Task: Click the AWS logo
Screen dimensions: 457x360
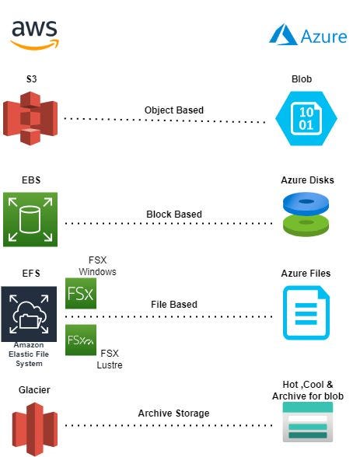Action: [x=33, y=34]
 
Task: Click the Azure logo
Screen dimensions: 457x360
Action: [x=307, y=35]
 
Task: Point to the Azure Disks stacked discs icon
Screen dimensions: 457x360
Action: [x=306, y=215]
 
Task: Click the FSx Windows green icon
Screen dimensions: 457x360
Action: [x=81, y=295]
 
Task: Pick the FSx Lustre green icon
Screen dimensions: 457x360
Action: [x=81, y=340]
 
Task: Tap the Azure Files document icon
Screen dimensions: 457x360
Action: [x=306, y=313]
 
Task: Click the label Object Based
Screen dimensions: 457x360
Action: [x=174, y=110]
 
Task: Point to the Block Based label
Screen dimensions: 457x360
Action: [x=174, y=214]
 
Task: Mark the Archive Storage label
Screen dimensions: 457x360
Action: [x=173, y=413]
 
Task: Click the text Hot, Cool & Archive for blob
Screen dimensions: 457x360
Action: [x=306, y=391]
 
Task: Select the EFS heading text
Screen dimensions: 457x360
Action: [x=31, y=274]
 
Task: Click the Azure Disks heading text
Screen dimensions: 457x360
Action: [x=306, y=180]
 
